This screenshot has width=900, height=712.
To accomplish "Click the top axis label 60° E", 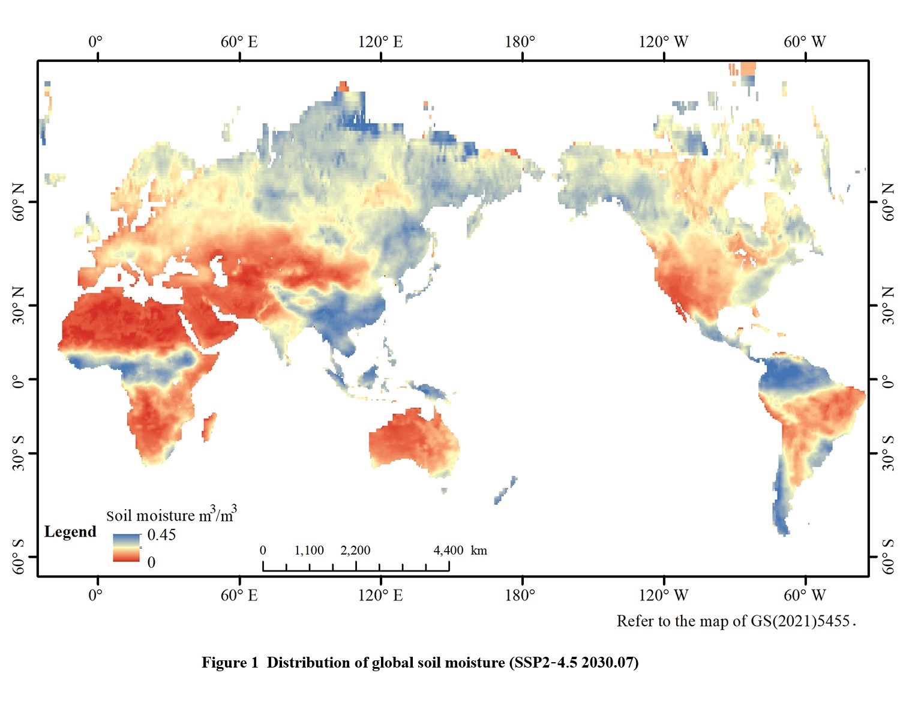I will pos(239,42).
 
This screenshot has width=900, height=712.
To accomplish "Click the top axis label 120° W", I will pos(663,42).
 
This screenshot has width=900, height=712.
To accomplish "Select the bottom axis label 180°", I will pos(520,596).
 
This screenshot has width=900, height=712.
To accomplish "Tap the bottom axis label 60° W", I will pos(805,596).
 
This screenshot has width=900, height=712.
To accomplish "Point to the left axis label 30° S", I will pos(19,453).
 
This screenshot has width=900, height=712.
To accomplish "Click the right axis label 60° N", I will pos(889,202).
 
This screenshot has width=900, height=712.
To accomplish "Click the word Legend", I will pos(70,532).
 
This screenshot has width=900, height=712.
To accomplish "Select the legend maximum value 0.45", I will pos(161,535).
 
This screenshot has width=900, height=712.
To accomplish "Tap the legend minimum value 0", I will pos(151,562).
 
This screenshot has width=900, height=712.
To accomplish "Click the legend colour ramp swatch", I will pos(126,548).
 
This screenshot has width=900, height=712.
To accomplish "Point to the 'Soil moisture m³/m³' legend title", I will pos(171,515).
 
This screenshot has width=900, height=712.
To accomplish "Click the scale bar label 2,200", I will pos(355,551).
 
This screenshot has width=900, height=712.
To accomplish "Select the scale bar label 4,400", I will pos(448,551).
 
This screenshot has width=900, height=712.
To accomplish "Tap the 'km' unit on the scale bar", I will pos(479,551).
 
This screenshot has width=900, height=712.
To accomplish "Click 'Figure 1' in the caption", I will pos(230,663).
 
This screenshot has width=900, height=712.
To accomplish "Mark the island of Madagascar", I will pos(208,427).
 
